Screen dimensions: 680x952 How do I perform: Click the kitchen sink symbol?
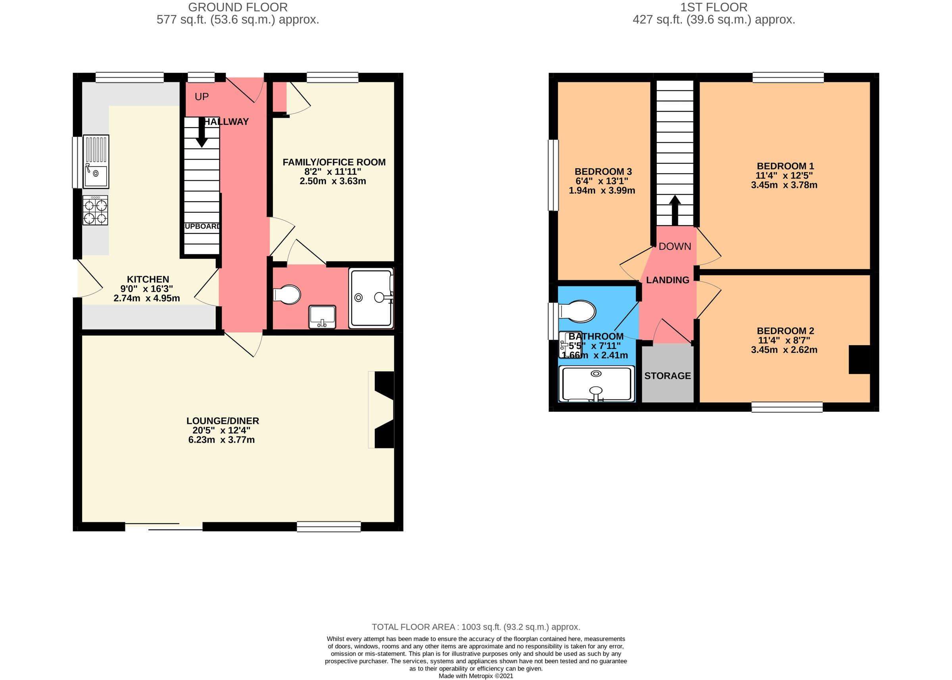tap(96, 161)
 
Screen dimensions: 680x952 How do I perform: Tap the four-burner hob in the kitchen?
tap(95, 210)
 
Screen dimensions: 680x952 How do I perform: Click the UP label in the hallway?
tap(202, 97)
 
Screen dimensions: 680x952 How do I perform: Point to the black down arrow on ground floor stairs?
tap(202, 135)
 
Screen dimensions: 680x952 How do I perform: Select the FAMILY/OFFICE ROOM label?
tap(334, 162)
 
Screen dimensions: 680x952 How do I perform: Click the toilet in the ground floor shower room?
tap(288, 294)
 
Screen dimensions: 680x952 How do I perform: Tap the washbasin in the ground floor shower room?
tap(322, 317)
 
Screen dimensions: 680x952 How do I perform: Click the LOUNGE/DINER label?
tap(223, 421)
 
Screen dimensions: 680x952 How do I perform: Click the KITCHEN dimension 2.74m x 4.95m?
tap(147, 298)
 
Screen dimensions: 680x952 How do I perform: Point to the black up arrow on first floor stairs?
tap(675, 210)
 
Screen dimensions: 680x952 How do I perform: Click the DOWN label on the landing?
tap(675, 246)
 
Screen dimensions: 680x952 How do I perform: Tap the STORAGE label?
tap(668, 376)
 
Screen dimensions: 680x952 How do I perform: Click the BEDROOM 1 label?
tap(785, 166)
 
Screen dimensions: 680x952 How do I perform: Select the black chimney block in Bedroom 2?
tap(859, 359)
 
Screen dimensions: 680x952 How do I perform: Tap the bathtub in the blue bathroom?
tap(596, 384)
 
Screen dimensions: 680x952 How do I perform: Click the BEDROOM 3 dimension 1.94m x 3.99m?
tap(602, 191)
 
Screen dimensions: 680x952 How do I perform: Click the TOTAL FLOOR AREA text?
tap(476, 627)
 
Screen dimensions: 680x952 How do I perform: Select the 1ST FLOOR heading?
tap(714, 7)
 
